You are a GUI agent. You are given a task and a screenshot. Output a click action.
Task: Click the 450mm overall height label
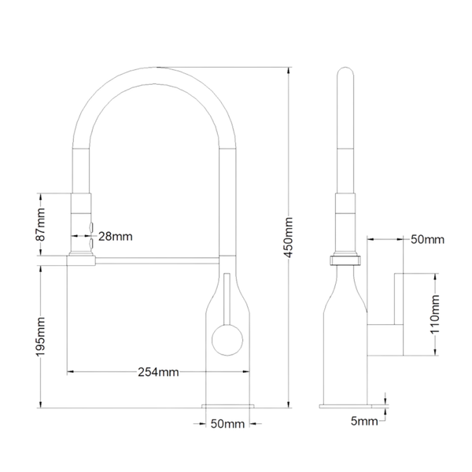coord(289,238)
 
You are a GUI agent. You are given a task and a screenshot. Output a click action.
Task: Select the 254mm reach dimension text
coord(158,372)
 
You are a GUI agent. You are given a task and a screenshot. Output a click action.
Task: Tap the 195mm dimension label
coord(40,337)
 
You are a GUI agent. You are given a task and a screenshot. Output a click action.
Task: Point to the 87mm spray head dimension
coord(40,224)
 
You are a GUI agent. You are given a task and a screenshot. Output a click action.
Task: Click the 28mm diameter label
coord(116,237)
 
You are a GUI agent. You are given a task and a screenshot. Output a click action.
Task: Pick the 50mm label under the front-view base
coord(227,424)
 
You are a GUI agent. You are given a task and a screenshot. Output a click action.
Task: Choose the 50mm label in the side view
coord(427,240)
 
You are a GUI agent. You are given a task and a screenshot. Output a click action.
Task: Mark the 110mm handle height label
coord(435,314)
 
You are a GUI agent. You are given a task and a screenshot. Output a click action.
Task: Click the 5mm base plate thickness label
coord(364,421)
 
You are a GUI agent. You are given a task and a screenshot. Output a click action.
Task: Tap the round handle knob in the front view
coord(227,340)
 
